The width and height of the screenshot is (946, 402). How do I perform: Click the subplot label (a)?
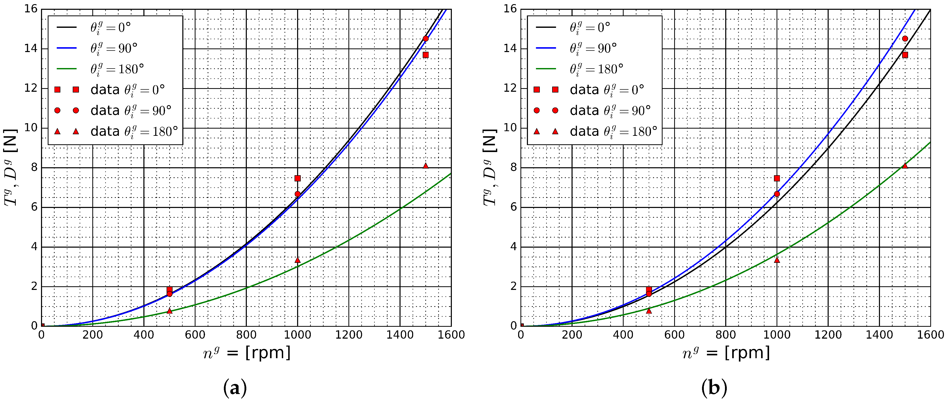[235, 388]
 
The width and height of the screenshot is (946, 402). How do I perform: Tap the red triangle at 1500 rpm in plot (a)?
[426, 166]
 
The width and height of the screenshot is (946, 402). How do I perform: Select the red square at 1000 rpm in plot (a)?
[297, 178]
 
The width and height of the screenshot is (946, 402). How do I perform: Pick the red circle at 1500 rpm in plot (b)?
[905, 38]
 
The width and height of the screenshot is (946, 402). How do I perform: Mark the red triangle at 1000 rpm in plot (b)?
[777, 260]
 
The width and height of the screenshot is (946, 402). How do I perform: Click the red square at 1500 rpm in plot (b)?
[905, 55]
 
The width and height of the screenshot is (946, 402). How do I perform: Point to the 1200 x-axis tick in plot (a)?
[348, 334]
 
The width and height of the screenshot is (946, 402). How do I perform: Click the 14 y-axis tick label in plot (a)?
[31, 48]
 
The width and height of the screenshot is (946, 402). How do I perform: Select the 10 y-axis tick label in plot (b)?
[510, 128]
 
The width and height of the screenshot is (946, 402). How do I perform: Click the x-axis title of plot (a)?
[247, 353]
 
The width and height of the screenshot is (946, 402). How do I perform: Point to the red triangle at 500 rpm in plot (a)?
[169, 311]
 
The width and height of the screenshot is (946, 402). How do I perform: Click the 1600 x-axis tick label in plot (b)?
[933, 334]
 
